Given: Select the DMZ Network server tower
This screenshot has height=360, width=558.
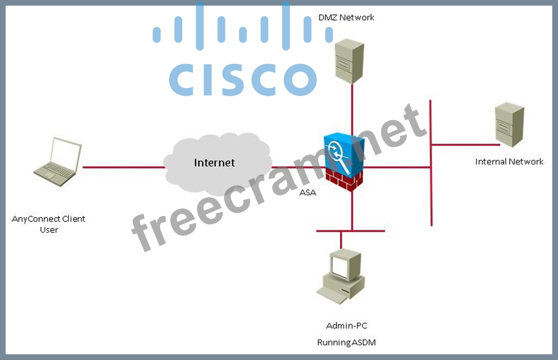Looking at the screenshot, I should [349, 61].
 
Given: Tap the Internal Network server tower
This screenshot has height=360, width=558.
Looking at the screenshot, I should [509, 125].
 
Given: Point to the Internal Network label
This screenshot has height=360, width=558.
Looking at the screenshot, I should [509, 162].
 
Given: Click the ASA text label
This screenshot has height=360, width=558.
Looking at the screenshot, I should [307, 192].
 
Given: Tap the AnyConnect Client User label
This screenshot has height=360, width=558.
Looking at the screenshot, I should [49, 224].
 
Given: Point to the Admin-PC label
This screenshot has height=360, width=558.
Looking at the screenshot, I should [343, 325].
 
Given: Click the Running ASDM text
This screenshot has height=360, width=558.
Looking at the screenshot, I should [346, 343].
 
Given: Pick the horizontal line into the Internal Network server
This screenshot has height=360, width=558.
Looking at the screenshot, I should [463, 145].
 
